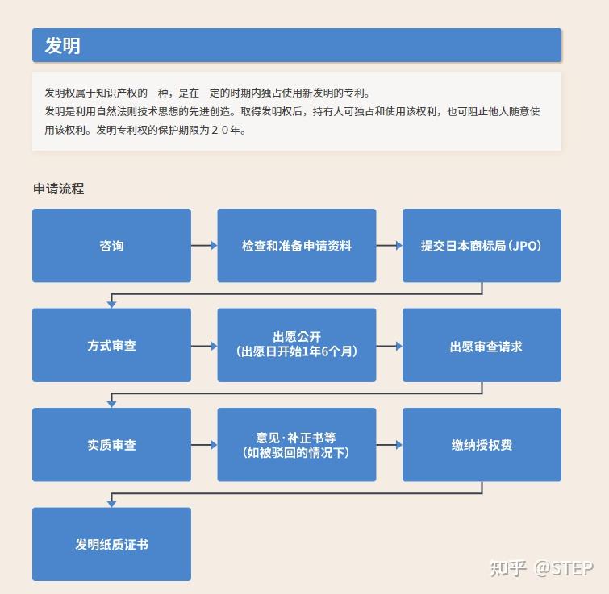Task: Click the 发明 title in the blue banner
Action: pyautogui.click(x=63, y=46)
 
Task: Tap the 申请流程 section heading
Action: pyautogui.click(x=59, y=189)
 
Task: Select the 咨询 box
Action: pyautogui.click(x=111, y=246)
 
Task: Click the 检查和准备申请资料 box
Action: pyautogui.click(x=297, y=246)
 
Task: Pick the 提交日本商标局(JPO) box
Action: pyautogui.click(x=482, y=246)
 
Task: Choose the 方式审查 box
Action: pyautogui.click(x=111, y=345)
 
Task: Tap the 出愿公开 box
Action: pyautogui.click(x=297, y=345)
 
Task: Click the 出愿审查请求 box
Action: pyautogui.click(x=482, y=345)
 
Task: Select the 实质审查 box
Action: pyautogui.click(x=111, y=445)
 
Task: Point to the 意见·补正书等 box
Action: pyautogui.click(x=297, y=445)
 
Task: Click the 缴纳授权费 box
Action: pyautogui.click(x=482, y=445)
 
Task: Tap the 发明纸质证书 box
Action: pyautogui.click(x=111, y=544)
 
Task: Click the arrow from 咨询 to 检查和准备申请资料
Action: pyautogui.click(x=204, y=246)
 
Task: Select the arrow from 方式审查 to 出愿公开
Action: pyautogui.click(x=204, y=346)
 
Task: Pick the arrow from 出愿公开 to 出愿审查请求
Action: pyautogui.click(x=389, y=346)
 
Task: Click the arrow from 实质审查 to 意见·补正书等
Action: pyautogui.click(x=204, y=445)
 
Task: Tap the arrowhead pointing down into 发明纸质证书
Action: pyautogui.click(x=111, y=504)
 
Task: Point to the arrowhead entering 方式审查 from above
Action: pyautogui.click(x=111, y=305)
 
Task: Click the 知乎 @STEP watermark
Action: pyautogui.click(x=542, y=569)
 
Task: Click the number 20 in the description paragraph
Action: pyautogui.click(x=220, y=130)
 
